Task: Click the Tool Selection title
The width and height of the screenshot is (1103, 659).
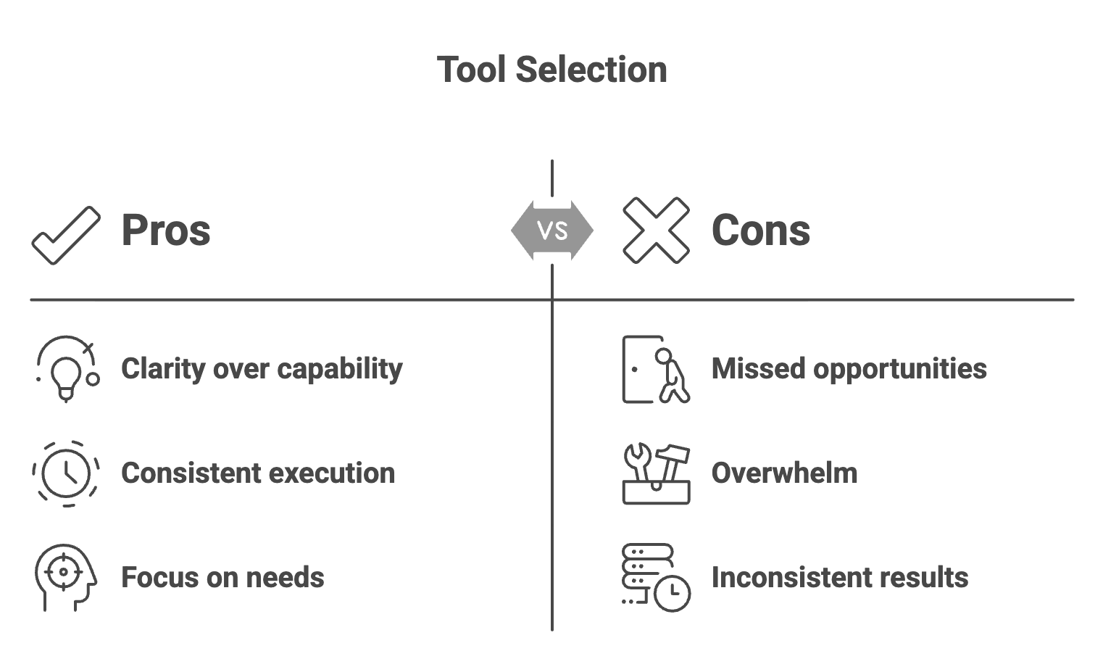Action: [551, 70]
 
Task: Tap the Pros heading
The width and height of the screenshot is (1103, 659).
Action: [165, 231]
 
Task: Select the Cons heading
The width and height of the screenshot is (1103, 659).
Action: [760, 231]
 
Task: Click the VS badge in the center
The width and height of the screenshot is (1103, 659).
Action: [552, 231]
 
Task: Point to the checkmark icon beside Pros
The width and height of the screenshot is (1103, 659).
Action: [66, 235]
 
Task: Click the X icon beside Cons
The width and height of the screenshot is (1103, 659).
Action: [656, 231]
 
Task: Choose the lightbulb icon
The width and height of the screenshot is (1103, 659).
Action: [66, 369]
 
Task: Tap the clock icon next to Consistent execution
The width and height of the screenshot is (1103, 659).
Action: [66, 473]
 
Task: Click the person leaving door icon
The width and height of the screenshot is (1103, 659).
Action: [656, 369]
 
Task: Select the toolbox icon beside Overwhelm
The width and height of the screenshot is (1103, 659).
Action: [656, 473]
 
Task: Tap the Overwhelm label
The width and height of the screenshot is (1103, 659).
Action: [784, 473]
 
